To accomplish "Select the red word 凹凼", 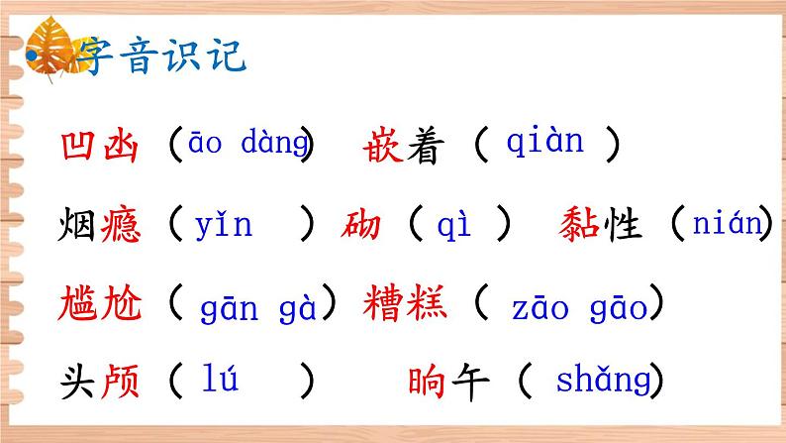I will click(x=101, y=147).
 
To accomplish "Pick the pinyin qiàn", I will click(x=544, y=143).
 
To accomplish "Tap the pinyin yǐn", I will click(x=224, y=226).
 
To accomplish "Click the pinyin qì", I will click(x=461, y=226).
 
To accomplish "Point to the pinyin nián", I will click(x=720, y=225).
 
